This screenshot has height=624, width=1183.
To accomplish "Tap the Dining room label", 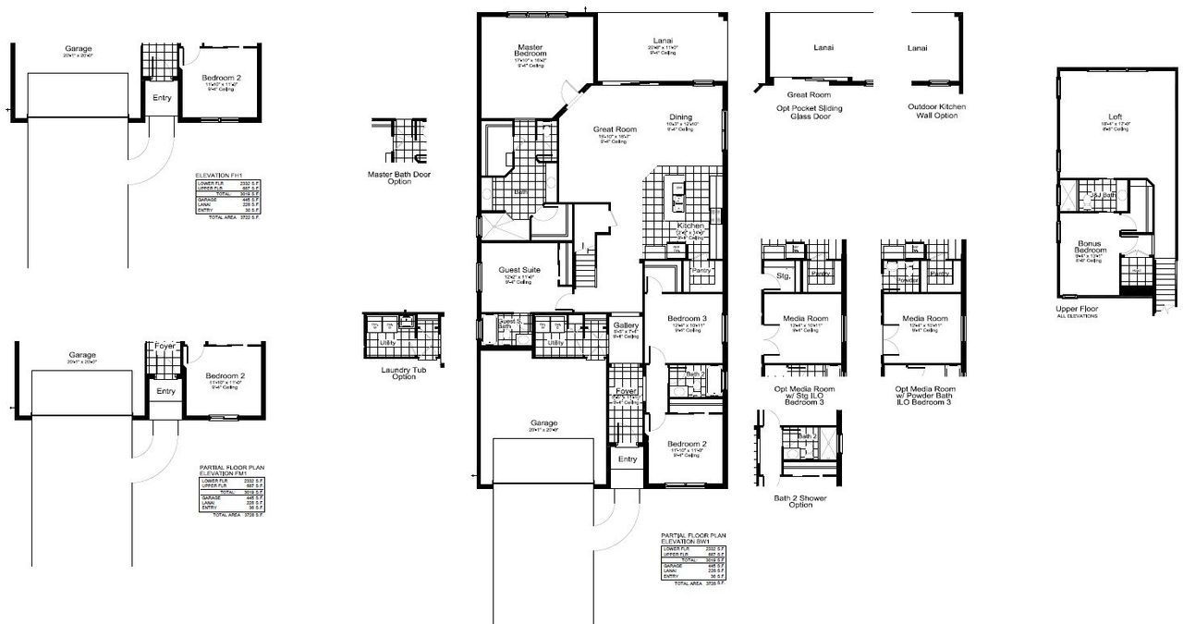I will click(680, 117).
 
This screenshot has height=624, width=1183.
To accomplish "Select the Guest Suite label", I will click(518, 270).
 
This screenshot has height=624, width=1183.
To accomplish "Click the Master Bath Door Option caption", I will click(399, 177).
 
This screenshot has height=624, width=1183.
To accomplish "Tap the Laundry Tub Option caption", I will click(398, 373).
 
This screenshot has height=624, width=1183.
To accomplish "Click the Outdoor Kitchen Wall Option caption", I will click(932, 111).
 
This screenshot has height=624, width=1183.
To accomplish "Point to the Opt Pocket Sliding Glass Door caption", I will click(809, 113).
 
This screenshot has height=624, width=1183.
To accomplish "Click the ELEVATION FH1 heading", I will click(219, 175).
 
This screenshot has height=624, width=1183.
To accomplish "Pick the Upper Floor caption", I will click(1077, 309).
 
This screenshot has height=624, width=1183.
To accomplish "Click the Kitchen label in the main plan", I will click(690, 226).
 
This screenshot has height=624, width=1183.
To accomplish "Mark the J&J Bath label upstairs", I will click(1101, 195).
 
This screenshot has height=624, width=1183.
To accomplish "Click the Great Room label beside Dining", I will click(615, 130).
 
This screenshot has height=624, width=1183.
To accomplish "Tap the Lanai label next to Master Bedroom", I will click(661, 40).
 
